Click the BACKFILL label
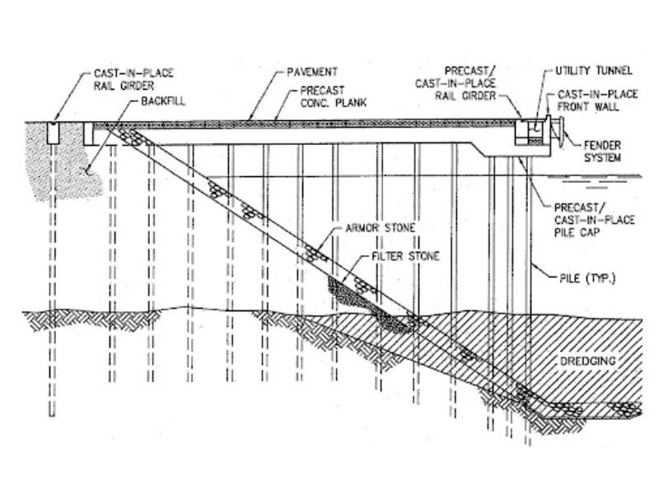pyautogui.click(x=163, y=101)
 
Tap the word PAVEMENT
pyautogui.click(x=312, y=72)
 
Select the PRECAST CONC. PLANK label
pyautogui.click(x=334, y=96)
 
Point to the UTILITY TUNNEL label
pyautogui.click(x=593, y=71)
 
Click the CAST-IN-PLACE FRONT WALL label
pyautogui.click(x=597, y=100)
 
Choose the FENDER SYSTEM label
pyautogui.click(x=602, y=151)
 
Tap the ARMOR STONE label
pyautogui.click(x=380, y=228)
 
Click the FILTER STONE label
pyautogui.click(x=405, y=256)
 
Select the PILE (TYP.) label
pyautogui.click(x=587, y=278)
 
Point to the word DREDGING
pyautogui.click(x=587, y=361)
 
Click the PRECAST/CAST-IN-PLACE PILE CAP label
pyautogui.click(x=594, y=220)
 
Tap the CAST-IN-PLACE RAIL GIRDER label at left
pyautogui.click(x=133, y=79)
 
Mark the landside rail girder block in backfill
pyautogui.click(x=53, y=133)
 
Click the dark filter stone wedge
pyautogui.click(x=367, y=303)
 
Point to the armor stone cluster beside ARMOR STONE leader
pyautogui.click(x=316, y=254)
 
